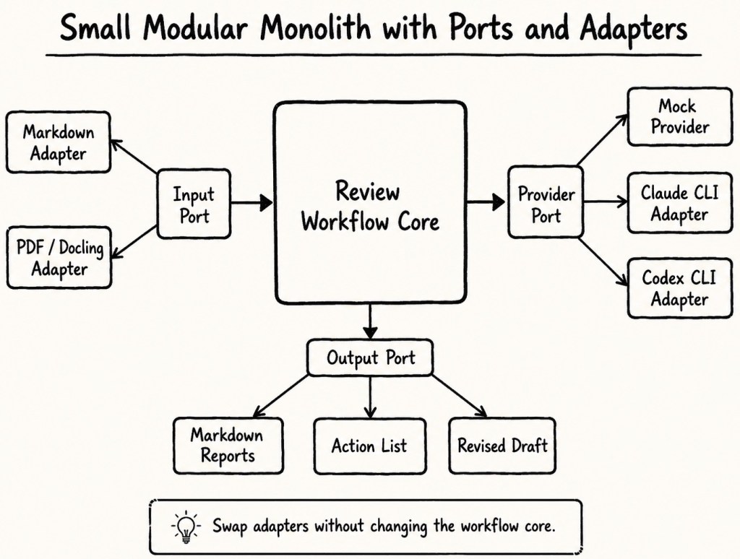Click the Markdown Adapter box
[58, 142]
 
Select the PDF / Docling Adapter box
[59, 258]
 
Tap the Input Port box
[194, 204]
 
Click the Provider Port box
[546, 202]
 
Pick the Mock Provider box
[679, 116]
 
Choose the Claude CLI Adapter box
[679, 203]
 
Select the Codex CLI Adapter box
[679, 287]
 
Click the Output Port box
[370, 357]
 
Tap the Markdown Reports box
[228, 446]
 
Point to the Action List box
[369, 446]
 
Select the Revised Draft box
[502, 446]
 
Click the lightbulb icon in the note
[186, 526]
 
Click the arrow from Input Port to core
[252, 203]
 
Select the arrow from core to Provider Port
[486, 202]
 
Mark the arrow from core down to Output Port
[370, 321]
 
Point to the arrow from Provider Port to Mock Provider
[603, 139]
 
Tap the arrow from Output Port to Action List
[370, 397]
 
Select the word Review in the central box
[368, 191]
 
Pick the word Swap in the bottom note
[230, 526]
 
